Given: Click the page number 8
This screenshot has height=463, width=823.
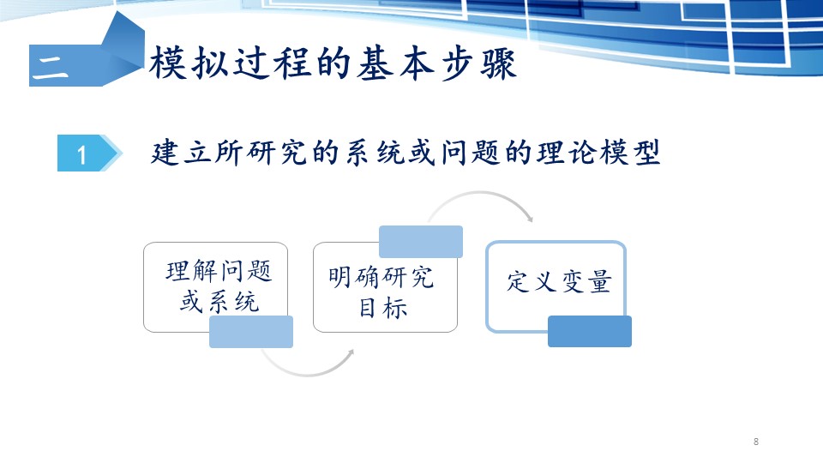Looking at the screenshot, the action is click(x=756, y=442).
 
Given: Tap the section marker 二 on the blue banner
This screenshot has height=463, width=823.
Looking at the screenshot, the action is click(x=51, y=69).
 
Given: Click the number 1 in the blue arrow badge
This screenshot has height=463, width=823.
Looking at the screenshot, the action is click(x=81, y=155).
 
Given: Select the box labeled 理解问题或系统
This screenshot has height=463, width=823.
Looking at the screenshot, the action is click(x=216, y=287).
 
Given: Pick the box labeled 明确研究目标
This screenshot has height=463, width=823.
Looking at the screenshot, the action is click(x=385, y=287).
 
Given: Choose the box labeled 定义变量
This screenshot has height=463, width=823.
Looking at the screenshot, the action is click(x=556, y=287).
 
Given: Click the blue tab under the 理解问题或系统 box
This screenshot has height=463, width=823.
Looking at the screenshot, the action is click(x=251, y=332).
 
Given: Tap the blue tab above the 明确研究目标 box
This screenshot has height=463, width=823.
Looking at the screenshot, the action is click(x=421, y=242).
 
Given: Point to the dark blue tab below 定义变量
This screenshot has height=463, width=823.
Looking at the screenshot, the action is click(x=590, y=331).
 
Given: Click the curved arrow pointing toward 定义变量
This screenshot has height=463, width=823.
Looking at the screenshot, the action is click(x=480, y=193).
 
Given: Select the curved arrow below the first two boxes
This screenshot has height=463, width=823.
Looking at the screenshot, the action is click(x=307, y=375).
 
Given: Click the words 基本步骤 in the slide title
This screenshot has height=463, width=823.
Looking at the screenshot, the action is click(x=436, y=64).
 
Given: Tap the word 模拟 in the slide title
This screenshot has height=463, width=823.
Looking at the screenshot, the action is click(x=189, y=63).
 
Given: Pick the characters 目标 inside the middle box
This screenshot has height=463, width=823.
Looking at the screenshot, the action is click(x=383, y=308).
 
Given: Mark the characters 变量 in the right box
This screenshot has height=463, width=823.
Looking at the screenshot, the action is click(x=586, y=281).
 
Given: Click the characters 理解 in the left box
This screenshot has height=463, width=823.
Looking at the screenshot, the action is click(x=191, y=271).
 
